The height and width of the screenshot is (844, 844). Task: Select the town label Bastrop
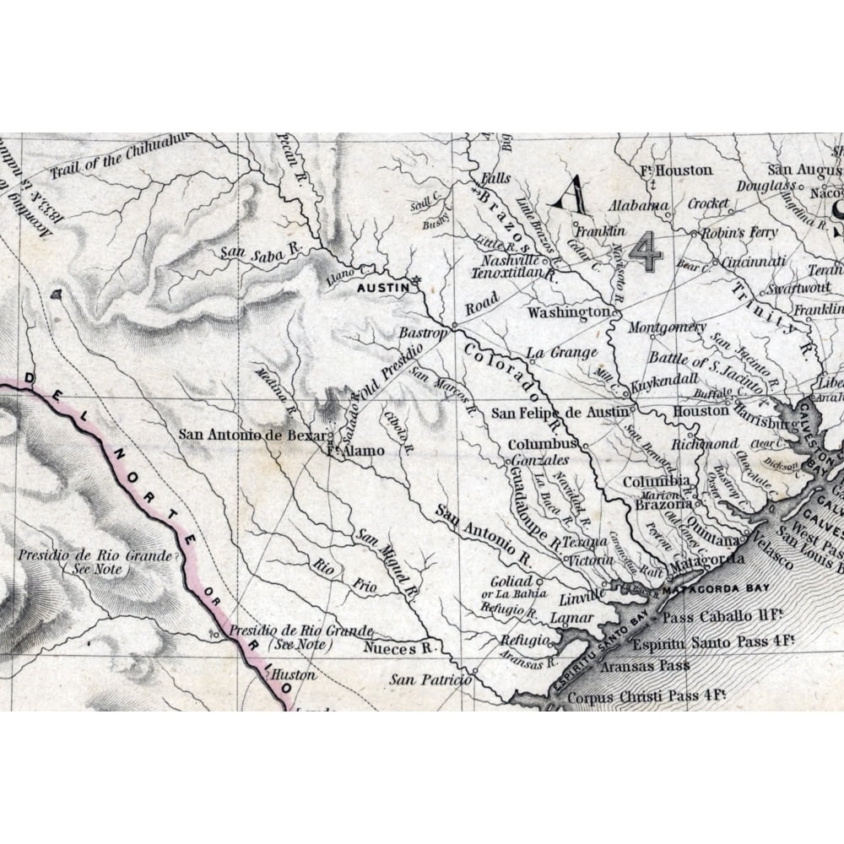pyautogui.click(x=422, y=333)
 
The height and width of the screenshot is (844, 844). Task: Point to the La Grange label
pyautogui.click(x=561, y=353)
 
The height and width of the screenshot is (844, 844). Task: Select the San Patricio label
pyautogui.click(x=430, y=679)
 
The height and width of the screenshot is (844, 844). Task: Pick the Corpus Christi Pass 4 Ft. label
pyautogui.click(x=647, y=697)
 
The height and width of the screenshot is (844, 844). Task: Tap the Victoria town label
pyautogui.click(x=590, y=560)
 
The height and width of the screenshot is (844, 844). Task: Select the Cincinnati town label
pyautogui.click(x=754, y=262)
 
